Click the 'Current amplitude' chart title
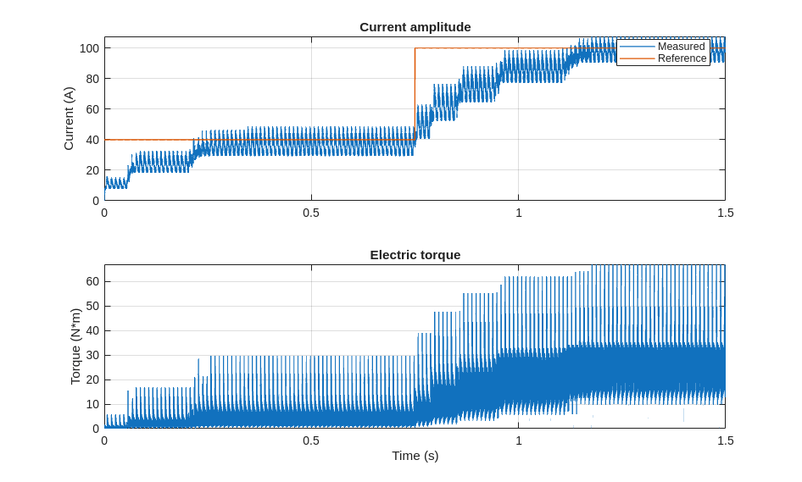(415, 27)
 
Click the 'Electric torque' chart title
(415, 255)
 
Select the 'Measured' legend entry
(681, 47)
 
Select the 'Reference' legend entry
(682, 58)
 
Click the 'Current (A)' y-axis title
(69, 119)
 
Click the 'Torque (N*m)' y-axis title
(75, 346)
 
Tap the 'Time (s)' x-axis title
(415, 456)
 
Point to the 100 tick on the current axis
(89, 48)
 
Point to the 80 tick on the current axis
(92, 79)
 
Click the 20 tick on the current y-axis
(92, 170)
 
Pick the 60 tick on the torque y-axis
(92, 281)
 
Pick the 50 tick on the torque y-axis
(92, 306)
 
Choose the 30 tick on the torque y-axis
(92, 355)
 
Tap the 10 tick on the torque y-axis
(92, 404)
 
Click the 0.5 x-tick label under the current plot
(311, 213)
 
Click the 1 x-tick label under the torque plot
(519, 440)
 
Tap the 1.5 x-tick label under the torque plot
(725, 440)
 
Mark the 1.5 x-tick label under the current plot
(725, 213)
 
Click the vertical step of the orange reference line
(415, 93)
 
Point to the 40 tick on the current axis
(92, 140)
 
